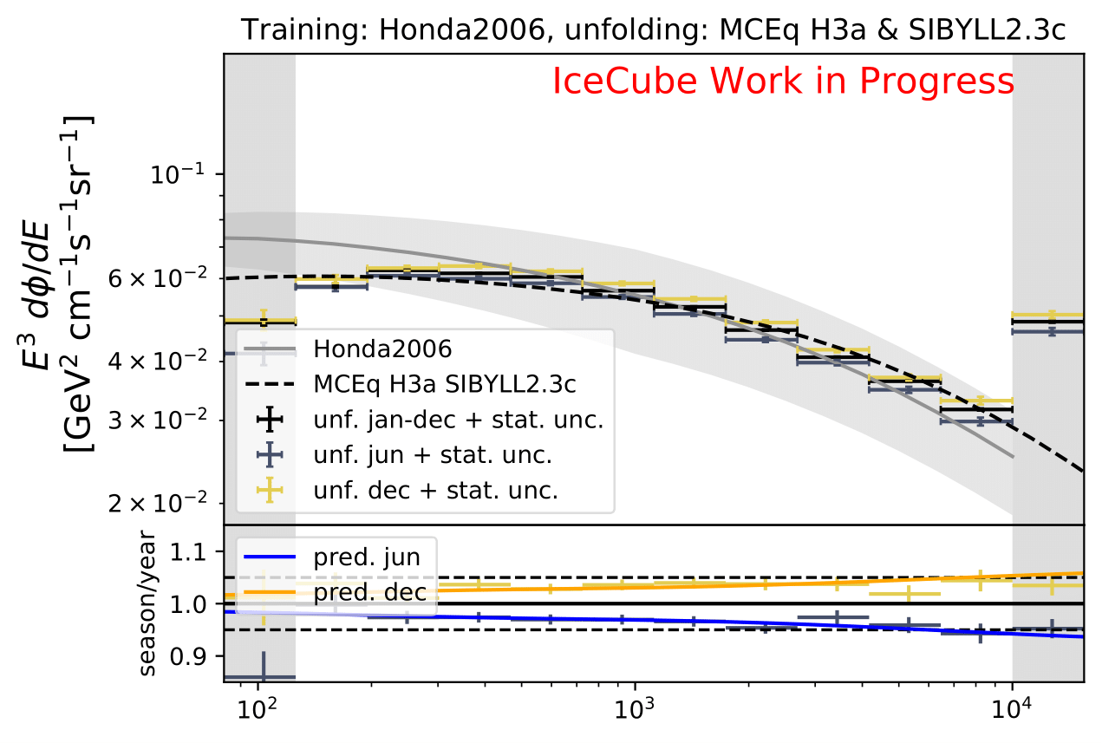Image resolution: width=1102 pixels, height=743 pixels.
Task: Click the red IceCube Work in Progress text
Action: pos(783,81)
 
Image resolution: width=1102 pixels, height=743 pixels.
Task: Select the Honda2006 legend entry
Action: pos(382,349)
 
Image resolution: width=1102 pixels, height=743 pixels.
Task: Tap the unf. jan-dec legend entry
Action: pos(458,420)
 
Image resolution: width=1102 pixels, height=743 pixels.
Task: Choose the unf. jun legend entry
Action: pos(433,454)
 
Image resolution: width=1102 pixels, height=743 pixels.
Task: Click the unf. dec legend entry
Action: pos(435,490)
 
